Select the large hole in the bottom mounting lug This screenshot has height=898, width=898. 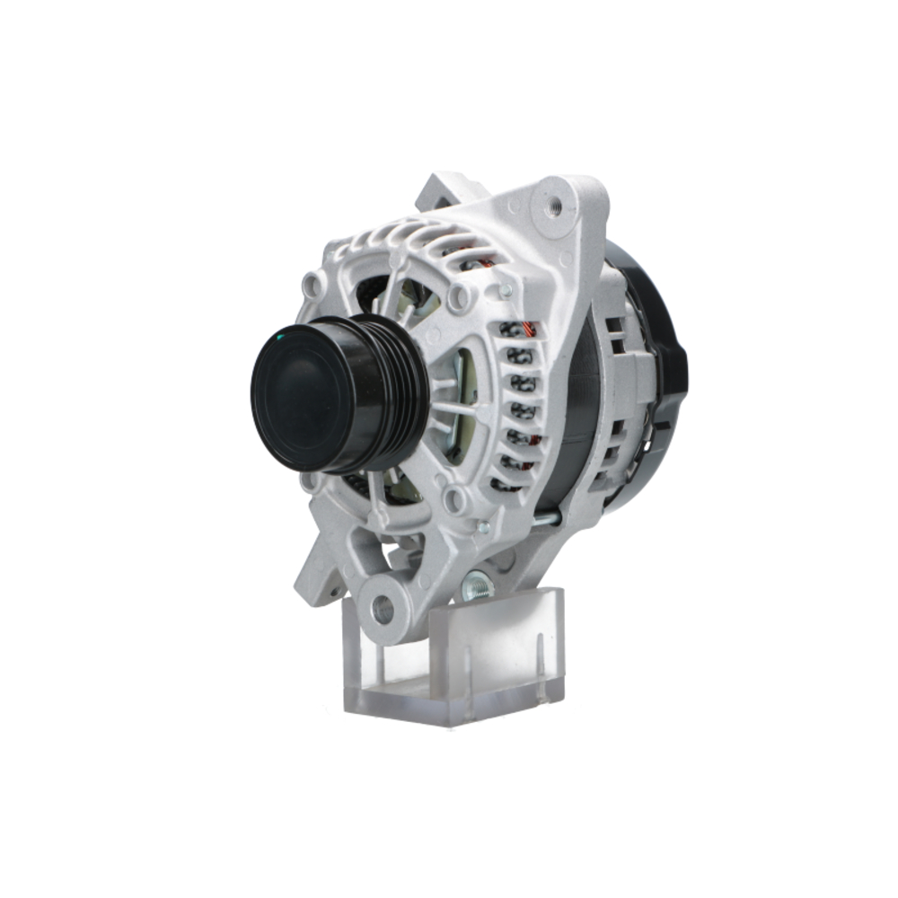pos(383,610)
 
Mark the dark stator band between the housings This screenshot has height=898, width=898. pos(579,413)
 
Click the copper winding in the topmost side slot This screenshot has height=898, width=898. pos(518,330)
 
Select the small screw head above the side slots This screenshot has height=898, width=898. pos(506,290)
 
